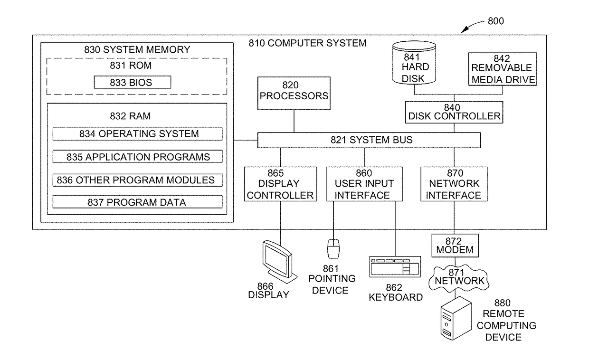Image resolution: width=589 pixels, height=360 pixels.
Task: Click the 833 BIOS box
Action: [133, 82]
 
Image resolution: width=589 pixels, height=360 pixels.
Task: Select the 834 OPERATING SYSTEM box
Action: [138, 134]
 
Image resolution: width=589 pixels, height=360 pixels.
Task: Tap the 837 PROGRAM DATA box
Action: [138, 202]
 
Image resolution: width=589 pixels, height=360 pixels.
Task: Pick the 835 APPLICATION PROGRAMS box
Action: [138, 156]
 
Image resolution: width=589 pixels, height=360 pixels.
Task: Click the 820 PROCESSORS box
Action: [294, 94]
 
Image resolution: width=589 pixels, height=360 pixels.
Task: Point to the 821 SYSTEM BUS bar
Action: [369, 140]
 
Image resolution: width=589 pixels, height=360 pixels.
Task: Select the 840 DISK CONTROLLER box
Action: [454, 112]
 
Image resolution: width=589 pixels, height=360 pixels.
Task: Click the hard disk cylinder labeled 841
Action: [414, 63]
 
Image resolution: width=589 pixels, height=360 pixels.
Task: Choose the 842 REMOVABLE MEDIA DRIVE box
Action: [503, 69]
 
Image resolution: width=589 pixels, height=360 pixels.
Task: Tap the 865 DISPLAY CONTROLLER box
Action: [280, 184]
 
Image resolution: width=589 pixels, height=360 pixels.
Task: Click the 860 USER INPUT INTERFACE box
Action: [364, 184]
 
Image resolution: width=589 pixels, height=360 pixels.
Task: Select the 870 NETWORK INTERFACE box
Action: [454, 184]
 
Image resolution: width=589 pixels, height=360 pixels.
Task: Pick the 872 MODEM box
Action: [455, 246]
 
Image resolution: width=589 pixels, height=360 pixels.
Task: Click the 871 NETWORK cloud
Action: [459, 278]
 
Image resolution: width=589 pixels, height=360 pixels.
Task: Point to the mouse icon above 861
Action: [333, 249]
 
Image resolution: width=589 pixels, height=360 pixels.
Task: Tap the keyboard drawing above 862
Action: [395, 266]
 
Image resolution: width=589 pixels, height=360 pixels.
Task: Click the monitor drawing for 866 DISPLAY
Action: [279, 262]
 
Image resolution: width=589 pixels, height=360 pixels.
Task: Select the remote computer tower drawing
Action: [456, 318]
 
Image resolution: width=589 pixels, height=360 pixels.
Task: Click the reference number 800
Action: [495, 21]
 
